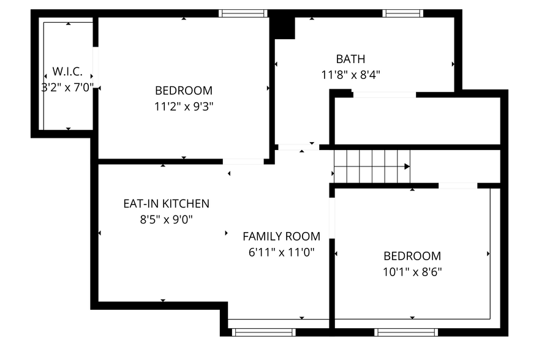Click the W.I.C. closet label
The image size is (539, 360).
click(67, 72)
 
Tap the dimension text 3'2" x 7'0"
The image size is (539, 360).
click(67, 88)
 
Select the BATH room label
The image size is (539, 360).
click(350, 59)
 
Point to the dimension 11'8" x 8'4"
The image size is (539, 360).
click(350, 75)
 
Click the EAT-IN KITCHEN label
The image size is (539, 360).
click(166, 204)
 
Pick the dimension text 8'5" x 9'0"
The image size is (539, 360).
click(166, 220)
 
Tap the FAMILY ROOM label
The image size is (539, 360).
click(281, 236)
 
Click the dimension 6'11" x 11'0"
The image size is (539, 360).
click(281, 252)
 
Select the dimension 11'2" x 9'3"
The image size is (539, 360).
click(184, 106)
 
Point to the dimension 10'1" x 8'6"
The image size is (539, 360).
click(412, 272)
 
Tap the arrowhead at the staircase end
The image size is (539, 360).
click(407, 166)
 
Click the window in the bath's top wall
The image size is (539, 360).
click(403, 13)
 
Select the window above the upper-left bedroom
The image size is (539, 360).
click(243, 13)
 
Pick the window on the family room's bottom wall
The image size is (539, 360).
click(263, 332)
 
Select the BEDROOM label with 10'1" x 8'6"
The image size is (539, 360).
click(412, 256)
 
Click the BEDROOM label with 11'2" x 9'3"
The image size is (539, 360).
click(184, 90)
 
